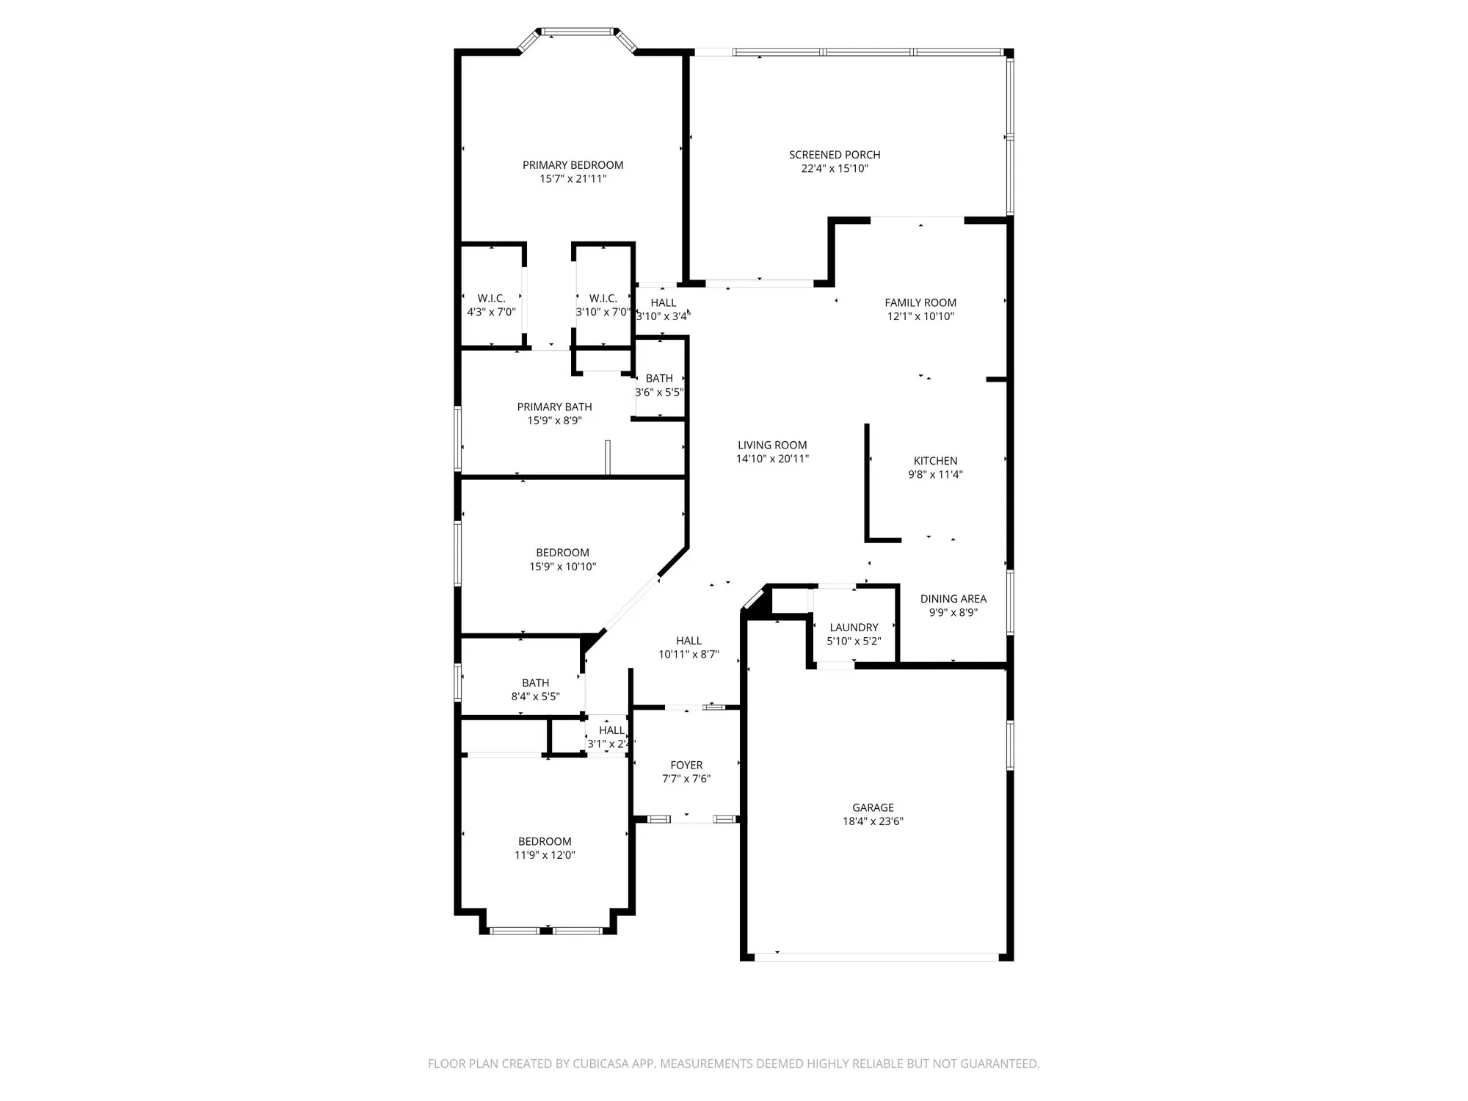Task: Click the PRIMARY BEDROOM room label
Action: pyautogui.click(x=573, y=165)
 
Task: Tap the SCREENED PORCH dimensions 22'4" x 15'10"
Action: pyautogui.click(x=835, y=169)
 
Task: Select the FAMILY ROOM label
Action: pyautogui.click(x=920, y=302)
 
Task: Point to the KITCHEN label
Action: pyautogui.click(x=935, y=461)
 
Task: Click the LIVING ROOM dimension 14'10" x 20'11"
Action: pyautogui.click(x=772, y=459)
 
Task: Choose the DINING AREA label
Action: pyautogui.click(x=953, y=599)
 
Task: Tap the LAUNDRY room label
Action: pyautogui.click(x=854, y=628)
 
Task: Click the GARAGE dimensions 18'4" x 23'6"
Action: pyautogui.click(x=873, y=821)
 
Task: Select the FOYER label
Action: pyautogui.click(x=686, y=765)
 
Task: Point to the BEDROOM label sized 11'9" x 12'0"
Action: pyautogui.click(x=545, y=841)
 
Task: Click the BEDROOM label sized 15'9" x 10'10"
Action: pyautogui.click(x=562, y=553)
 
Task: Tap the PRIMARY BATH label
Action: pyautogui.click(x=554, y=407)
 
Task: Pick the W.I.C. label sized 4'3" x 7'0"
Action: pyautogui.click(x=491, y=298)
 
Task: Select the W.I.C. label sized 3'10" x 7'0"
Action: pyautogui.click(x=603, y=298)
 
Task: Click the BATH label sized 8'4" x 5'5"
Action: pyautogui.click(x=535, y=683)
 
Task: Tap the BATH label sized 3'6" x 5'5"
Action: pyautogui.click(x=659, y=379)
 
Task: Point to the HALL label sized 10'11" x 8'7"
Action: pyautogui.click(x=688, y=641)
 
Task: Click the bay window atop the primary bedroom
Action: pyautogui.click(x=577, y=32)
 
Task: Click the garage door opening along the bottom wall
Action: pyautogui.click(x=877, y=957)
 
